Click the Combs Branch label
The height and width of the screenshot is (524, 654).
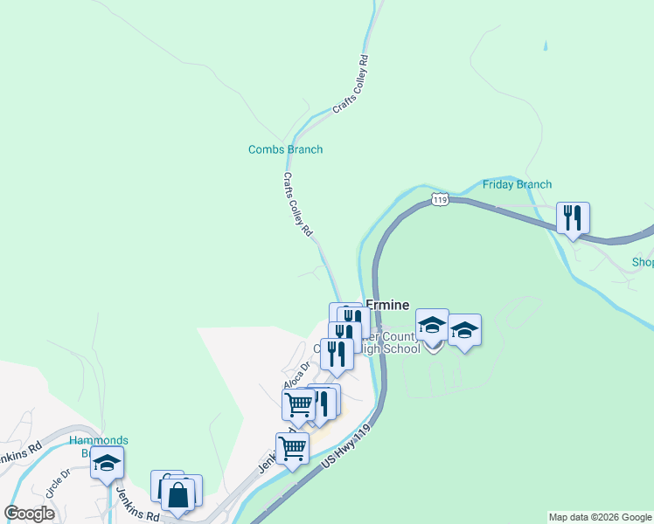(285, 149)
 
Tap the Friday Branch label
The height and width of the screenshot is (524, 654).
(518, 184)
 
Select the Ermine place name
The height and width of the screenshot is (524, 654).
(387, 305)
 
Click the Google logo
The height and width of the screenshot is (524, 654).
(30, 514)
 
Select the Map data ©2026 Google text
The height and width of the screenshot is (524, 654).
(600, 517)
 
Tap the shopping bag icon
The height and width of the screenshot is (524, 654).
(177, 494)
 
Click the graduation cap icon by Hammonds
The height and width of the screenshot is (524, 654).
(107, 463)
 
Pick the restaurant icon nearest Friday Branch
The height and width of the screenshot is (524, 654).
(573, 217)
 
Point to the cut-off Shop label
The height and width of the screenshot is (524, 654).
(643, 262)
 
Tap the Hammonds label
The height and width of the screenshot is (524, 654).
(99, 440)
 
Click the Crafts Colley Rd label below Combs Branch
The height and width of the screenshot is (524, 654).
(297, 204)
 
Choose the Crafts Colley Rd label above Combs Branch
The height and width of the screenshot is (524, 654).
(351, 85)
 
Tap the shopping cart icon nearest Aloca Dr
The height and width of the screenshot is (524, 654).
(298, 404)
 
